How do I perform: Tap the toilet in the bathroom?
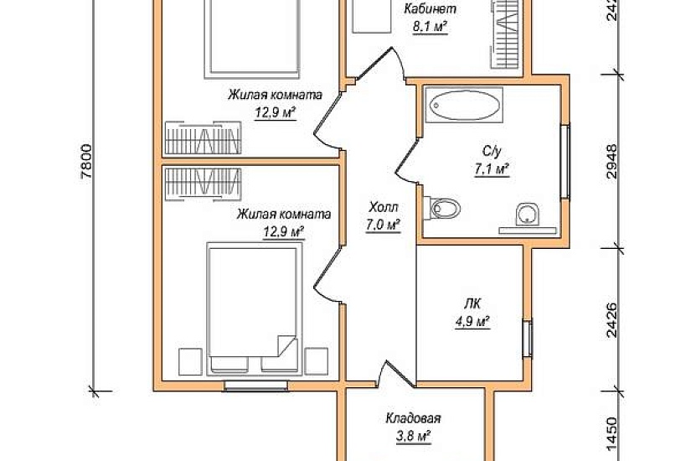click(442, 207)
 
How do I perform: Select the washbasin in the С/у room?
click(527, 215)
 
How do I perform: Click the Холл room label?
click(384, 207)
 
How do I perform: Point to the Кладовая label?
click(414, 417)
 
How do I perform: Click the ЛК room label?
click(472, 304)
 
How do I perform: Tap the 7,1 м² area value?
click(492, 169)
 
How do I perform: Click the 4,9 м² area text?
click(473, 322)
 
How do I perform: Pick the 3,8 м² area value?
click(413, 437)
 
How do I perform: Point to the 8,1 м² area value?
click(430, 28)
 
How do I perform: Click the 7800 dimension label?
click(87, 161)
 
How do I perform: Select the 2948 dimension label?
click(612, 161)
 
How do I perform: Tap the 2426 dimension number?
click(612, 320)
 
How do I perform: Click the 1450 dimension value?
click(612, 437)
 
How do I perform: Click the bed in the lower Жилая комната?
click(254, 308)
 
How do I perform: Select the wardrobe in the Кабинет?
click(508, 34)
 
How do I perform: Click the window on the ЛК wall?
click(528, 337)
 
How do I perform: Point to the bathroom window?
click(565, 162)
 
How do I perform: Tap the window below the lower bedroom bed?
click(256, 386)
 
